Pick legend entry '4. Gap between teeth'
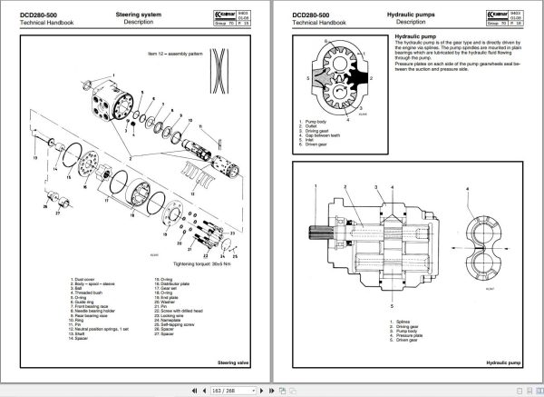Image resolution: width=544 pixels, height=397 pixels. [x=319, y=134]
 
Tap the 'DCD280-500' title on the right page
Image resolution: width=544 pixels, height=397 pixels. [x=305, y=16]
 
